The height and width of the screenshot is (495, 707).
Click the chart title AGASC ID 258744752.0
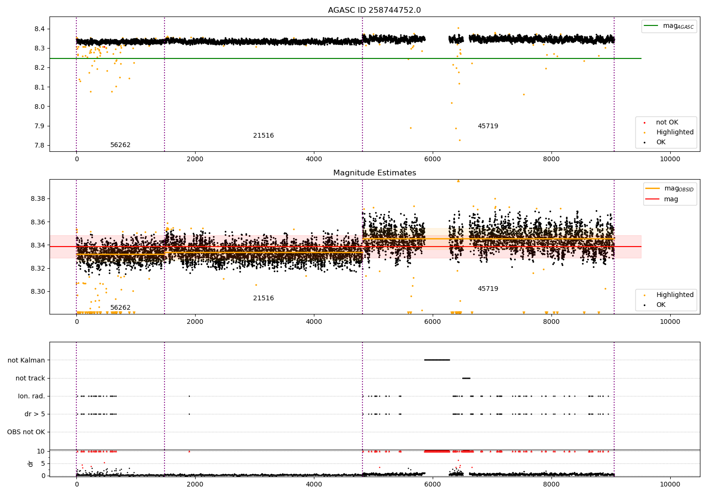click(374, 10)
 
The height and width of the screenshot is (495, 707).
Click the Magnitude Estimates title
click(374, 173)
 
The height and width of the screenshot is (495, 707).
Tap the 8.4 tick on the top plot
click(39, 29)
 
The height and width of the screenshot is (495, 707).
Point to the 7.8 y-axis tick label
click(39, 145)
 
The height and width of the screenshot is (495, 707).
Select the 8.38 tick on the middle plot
click(38, 198)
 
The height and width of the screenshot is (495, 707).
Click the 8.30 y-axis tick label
click(38, 291)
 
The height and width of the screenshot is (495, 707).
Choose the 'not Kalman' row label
click(26, 360)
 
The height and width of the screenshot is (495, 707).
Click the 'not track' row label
click(30, 378)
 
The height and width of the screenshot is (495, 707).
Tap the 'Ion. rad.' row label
click(32, 396)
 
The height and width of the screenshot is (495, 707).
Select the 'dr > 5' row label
click(35, 414)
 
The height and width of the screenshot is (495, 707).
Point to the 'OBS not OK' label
click(26, 432)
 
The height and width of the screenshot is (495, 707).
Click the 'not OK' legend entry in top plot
click(666, 123)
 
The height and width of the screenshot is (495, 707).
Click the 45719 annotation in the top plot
click(488, 126)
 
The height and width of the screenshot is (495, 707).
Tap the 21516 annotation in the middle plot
click(263, 298)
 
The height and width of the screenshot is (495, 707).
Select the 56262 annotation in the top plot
click(120, 145)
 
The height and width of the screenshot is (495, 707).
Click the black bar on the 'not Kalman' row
click(437, 360)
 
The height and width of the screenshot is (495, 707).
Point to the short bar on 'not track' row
click(466, 378)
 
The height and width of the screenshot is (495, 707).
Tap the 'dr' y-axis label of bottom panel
click(31, 463)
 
